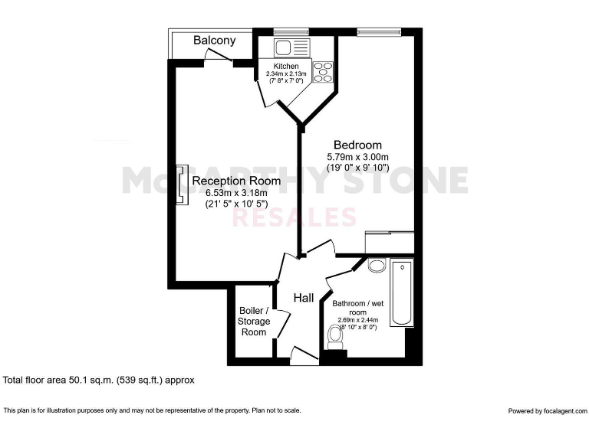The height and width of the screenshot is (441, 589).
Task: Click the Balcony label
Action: coord(214,41)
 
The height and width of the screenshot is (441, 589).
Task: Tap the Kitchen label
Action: coord(285,67)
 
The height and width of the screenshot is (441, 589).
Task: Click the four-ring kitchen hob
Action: coord(323,72)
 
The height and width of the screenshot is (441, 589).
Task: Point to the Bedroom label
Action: coord(357,145)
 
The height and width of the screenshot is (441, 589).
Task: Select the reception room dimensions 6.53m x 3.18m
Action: coord(237,193)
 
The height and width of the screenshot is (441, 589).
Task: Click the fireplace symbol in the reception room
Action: coord(183,185)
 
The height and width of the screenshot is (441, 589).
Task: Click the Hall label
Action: coord(304,298)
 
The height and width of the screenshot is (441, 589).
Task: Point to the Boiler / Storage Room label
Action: coord(254,322)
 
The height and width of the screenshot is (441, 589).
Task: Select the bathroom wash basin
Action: coord(377,266)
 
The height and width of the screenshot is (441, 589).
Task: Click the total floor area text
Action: coord(100,379)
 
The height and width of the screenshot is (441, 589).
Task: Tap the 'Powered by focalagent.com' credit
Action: coord(546,411)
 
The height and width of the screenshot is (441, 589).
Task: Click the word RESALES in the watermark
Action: coord(294,217)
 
